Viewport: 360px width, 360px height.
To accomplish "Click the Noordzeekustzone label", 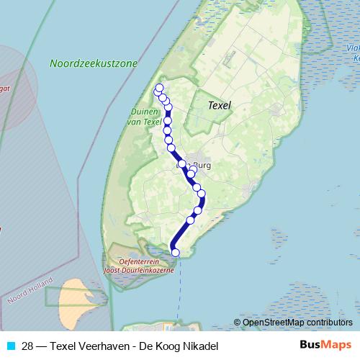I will [94, 63].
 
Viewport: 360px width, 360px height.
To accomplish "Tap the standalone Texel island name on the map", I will [220, 104].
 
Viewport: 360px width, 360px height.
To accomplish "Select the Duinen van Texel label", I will [145, 117].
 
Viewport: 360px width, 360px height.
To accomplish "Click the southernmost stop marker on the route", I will [175, 252].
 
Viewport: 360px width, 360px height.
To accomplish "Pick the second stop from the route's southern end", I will [191, 220].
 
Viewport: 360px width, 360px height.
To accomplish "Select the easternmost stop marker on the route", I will [202, 194].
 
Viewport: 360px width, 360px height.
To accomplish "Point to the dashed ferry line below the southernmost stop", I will [179, 274].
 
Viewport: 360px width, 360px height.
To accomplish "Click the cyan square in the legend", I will [10, 346].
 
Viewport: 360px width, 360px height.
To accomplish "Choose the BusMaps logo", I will [325, 345].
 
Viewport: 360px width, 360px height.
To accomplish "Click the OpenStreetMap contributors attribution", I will [297, 323].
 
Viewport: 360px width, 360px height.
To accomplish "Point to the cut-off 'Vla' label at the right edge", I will [353, 49].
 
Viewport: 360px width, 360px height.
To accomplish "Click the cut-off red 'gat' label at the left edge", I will [6, 89].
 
